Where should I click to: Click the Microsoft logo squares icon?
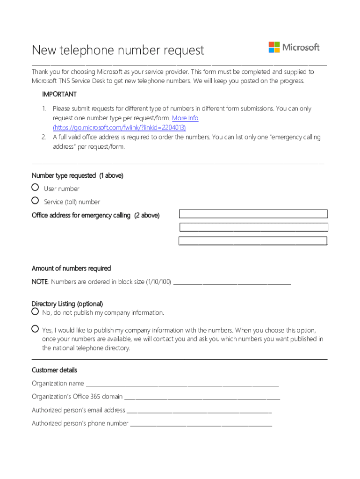tap(274, 47)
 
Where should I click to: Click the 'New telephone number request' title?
tap(118, 50)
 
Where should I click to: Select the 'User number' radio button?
tap(35, 188)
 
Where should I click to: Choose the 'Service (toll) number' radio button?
tap(35, 201)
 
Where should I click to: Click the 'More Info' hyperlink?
tap(185, 118)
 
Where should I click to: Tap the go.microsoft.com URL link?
tap(119, 127)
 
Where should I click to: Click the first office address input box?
tap(253, 214)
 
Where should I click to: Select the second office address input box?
tap(254, 228)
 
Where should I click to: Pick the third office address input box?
tap(253, 241)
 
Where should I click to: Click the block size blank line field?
tap(232, 283)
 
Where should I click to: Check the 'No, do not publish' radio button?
tap(35, 312)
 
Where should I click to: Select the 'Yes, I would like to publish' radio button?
tap(35, 329)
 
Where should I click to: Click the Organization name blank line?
tap(182, 385)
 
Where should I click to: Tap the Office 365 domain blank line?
tap(202, 398)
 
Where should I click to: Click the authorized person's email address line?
tap(199, 411)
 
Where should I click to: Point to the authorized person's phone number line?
tap(201, 424)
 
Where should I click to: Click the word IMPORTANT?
tap(59, 94)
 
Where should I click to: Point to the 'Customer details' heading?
tap(54, 370)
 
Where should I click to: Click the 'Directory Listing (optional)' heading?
tap(67, 304)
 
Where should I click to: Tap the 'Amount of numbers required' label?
tap(71, 269)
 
